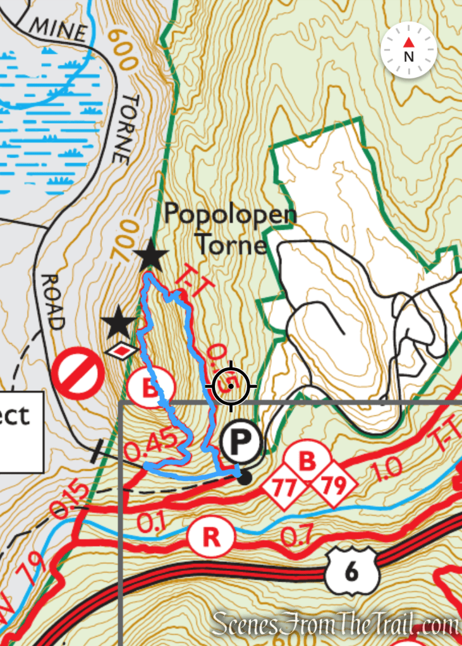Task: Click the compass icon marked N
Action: pyautogui.click(x=409, y=50)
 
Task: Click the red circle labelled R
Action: pyautogui.click(x=211, y=537)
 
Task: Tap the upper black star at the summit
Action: pyautogui.click(x=151, y=256)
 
